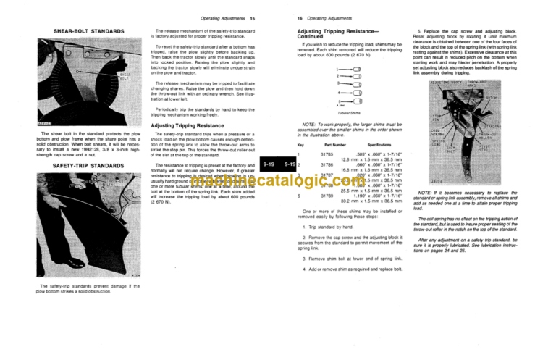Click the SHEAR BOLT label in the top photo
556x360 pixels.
(124, 75)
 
